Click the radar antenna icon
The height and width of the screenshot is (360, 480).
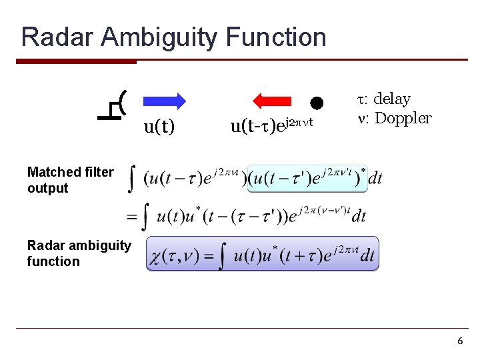[113, 107]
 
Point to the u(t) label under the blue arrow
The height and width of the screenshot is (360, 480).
[159, 126]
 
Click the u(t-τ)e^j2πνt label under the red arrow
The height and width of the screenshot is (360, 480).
[271, 125]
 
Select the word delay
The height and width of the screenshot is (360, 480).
[391, 99]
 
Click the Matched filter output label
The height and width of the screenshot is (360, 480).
[70, 180]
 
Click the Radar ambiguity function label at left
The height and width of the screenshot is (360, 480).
[79, 253]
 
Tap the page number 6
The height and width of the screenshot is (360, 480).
[459, 341]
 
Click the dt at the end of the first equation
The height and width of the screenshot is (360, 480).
[375, 178]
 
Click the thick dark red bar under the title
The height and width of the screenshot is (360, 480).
[76, 62]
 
